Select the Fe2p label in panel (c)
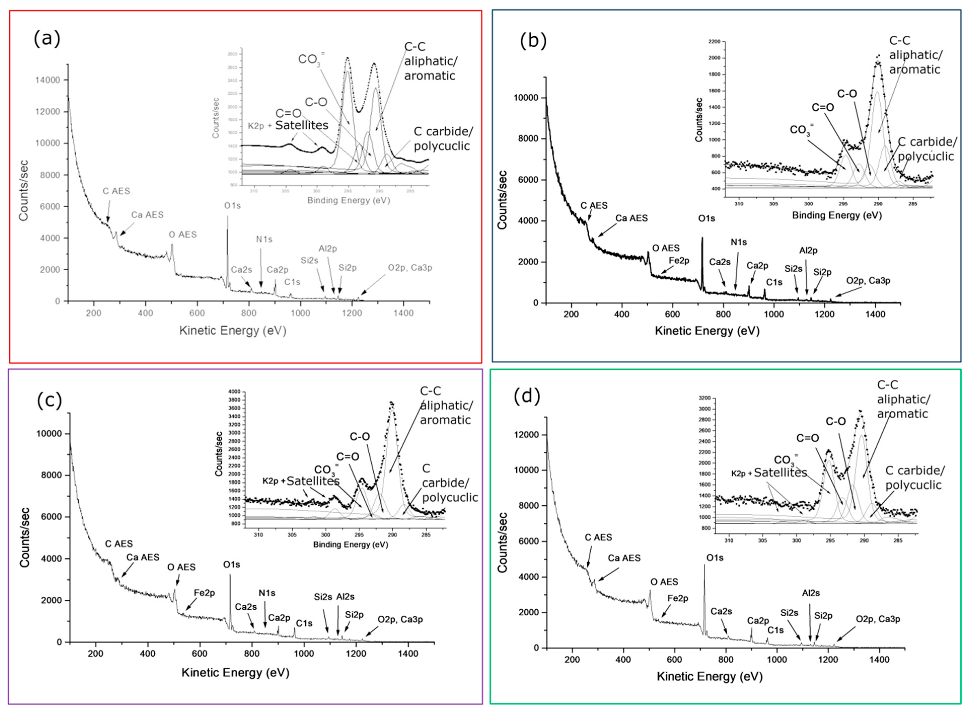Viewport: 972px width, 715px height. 204,592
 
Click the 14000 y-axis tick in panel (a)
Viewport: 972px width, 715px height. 49,80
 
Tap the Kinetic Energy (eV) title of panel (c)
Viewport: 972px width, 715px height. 235,672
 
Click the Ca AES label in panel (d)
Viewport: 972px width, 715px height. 624,558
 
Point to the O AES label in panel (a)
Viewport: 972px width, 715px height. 183,235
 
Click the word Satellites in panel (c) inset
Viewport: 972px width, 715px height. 313,481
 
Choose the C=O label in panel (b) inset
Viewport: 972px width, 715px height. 822,107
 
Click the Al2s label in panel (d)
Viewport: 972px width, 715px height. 811,593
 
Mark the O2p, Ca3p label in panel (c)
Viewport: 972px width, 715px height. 400,620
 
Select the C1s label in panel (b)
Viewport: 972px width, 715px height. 774,282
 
